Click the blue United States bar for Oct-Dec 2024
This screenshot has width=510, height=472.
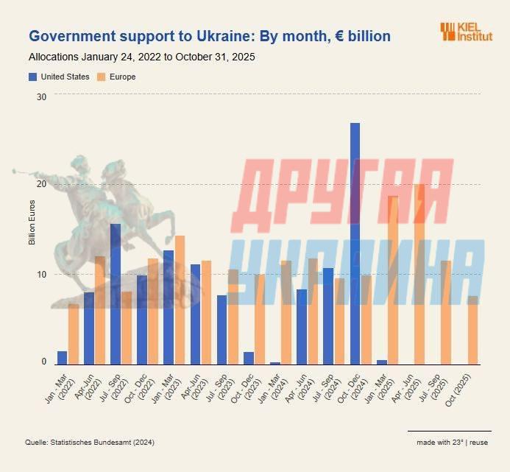click(x=355, y=243)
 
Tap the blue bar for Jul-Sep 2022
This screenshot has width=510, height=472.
click(x=116, y=294)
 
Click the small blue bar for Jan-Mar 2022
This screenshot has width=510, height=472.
click(x=63, y=357)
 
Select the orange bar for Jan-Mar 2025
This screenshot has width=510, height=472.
click(x=393, y=280)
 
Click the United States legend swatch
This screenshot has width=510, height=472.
click(x=32, y=77)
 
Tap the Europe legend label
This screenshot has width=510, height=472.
click(x=123, y=77)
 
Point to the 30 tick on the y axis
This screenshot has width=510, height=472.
click(x=41, y=96)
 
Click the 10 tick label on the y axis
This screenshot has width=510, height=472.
click(x=41, y=274)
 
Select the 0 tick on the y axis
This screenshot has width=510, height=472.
click(x=43, y=362)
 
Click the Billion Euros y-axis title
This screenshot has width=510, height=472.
click(x=32, y=222)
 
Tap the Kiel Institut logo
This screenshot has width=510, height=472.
click(x=466, y=31)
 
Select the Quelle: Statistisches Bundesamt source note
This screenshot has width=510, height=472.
click(x=91, y=442)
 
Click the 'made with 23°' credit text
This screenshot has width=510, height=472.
click(x=439, y=442)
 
